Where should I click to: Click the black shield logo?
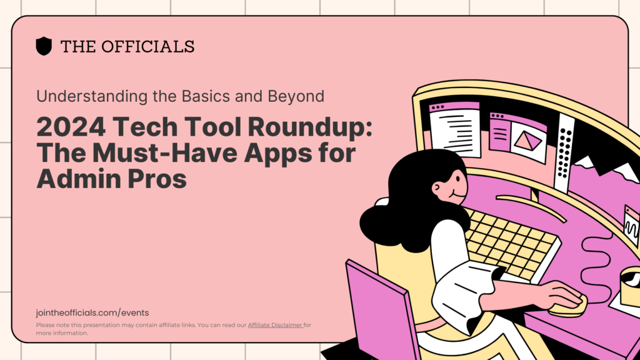44,46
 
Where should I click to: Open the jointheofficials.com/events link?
92,312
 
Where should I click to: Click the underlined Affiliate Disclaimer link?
275,325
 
